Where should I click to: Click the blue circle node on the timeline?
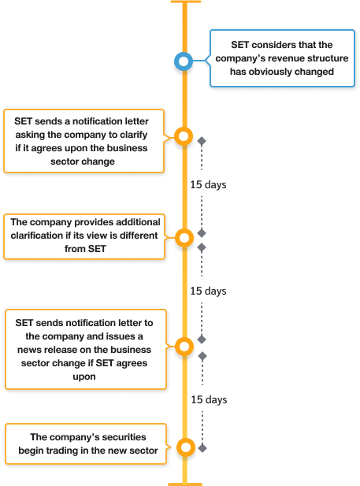(184, 60)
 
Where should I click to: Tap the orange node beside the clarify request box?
(184, 137)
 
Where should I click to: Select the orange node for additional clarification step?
(184, 236)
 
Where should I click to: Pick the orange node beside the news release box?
(184, 346)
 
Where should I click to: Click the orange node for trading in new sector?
(184, 447)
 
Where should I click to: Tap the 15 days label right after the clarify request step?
(208, 184)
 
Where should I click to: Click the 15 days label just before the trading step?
(208, 399)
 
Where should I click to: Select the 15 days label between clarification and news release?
(208, 291)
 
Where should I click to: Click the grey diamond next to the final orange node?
(202, 447)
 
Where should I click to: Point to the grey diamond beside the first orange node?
(202, 141)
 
